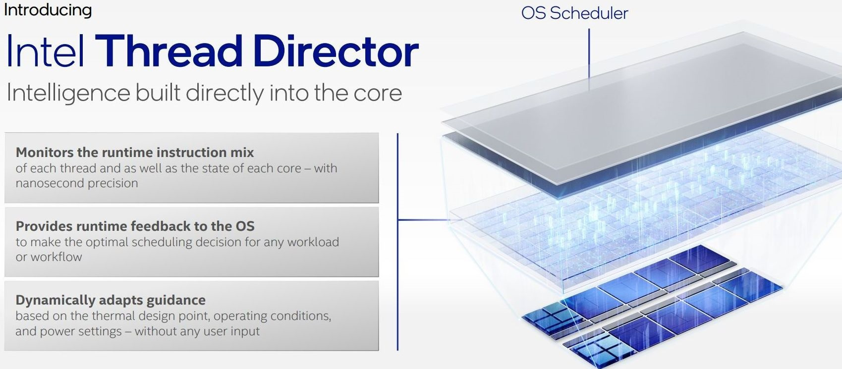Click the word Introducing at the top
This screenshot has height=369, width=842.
click(48, 10)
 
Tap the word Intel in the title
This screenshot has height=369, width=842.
click(45, 51)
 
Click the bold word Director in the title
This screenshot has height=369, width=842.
click(336, 51)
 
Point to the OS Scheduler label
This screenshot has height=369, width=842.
click(574, 13)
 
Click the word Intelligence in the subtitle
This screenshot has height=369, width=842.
click(68, 93)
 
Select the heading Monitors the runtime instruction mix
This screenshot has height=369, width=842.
click(135, 152)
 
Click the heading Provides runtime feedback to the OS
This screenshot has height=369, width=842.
click(135, 226)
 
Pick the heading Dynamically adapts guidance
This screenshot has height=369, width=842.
click(111, 300)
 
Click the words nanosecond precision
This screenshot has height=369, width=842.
click(77, 183)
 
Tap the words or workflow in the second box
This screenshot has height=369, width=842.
click(49, 257)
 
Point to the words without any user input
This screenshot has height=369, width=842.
click(197, 331)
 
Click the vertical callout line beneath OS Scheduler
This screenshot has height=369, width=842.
click(589, 59)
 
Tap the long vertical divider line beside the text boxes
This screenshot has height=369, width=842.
click(397, 242)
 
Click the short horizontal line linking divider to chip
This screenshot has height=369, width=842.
click(424, 219)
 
